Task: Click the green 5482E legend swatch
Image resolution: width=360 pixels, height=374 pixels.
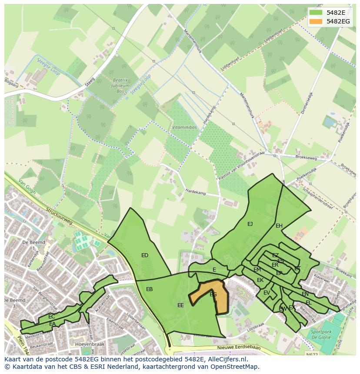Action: (x=316, y=12)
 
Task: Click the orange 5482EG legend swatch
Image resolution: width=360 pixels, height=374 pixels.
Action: (x=316, y=21)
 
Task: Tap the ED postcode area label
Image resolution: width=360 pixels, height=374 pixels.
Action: (x=145, y=255)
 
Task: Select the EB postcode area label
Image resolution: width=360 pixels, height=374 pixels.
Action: (x=149, y=289)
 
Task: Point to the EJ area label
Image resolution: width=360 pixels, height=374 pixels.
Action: (x=250, y=224)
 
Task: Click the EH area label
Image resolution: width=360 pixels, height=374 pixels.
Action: (x=279, y=226)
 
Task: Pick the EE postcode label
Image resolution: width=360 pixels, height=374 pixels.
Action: (x=180, y=305)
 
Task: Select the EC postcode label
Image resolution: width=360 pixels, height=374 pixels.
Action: (x=52, y=317)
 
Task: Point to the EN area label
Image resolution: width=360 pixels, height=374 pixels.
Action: (x=305, y=294)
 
